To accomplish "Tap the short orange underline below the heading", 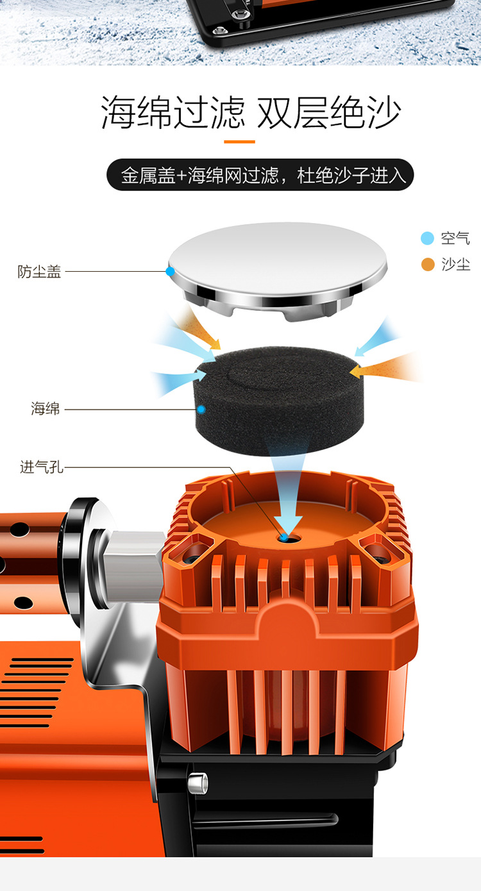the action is pyautogui.click(x=239, y=142).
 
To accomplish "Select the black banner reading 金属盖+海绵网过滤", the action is pyautogui.click(x=260, y=175).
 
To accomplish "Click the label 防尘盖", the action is pyautogui.click(x=39, y=272).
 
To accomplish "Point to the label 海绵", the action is pyautogui.click(x=46, y=408).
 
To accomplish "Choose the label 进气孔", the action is pyautogui.click(x=42, y=467).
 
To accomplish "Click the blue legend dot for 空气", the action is pyautogui.click(x=427, y=238).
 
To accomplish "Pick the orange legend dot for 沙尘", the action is pyautogui.click(x=428, y=265).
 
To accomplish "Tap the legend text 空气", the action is pyautogui.click(x=455, y=238).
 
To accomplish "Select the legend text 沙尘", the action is pyautogui.click(x=455, y=265).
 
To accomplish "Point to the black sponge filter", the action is pyautogui.click(x=278, y=400).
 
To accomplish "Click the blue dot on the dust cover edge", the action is pyautogui.click(x=171, y=271).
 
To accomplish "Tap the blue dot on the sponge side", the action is pyautogui.click(x=201, y=409).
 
